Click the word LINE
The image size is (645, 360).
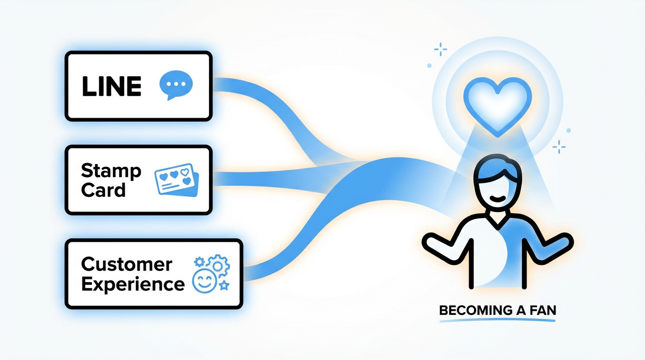(112, 86)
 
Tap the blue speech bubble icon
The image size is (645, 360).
(176, 85)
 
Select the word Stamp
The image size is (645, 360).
(111, 171)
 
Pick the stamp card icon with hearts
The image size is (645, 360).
(177, 180)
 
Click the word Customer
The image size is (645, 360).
(127, 264)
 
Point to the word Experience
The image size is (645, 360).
(133, 284)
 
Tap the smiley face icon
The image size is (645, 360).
(204, 281)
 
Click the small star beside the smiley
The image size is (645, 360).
(224, 285)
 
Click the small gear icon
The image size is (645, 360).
(199, 262)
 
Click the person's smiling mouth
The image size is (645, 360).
(497, 198)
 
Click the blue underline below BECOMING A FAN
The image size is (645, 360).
(497, 320)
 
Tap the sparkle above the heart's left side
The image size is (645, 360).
(441, 49)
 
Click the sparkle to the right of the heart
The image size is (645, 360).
(559, 147)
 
